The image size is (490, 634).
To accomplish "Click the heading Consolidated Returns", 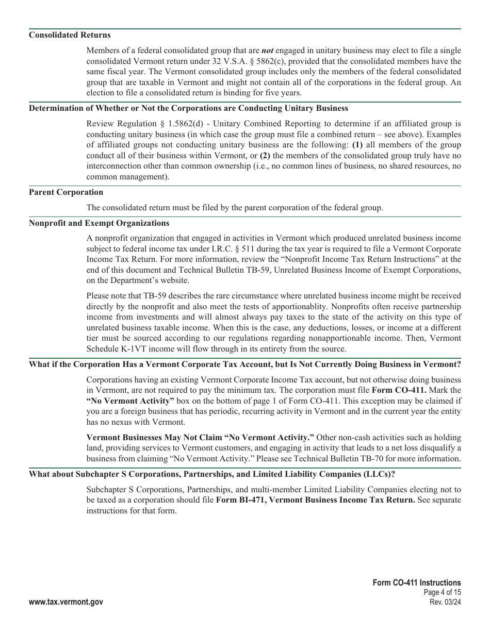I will [70, 35].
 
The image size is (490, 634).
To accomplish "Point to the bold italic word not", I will [267, 51].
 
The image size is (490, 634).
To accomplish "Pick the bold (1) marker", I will [357, 145].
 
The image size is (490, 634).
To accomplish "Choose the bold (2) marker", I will [265, 156].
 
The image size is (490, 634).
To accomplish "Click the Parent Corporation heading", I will [66, 192].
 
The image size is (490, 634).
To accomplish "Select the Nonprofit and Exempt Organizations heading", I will [99, 223].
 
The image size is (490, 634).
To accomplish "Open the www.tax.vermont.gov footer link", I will [66, 602].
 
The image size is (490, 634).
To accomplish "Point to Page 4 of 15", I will [442, 593].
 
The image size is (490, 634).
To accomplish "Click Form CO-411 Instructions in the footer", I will [417, 583].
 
